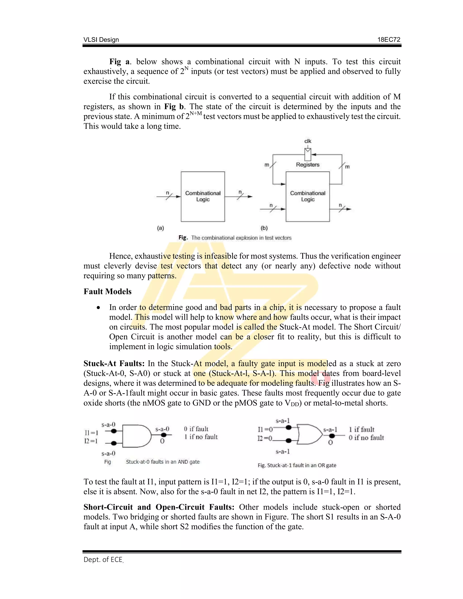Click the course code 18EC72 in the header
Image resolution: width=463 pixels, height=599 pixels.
(x=389, y=40)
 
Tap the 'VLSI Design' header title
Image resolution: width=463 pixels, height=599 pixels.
(x=101, y=40)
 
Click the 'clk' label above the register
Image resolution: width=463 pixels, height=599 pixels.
(x=308, y=141)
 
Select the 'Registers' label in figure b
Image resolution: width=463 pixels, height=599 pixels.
(x=308, y=165)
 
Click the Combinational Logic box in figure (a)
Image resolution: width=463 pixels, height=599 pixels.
(x=203, y=196)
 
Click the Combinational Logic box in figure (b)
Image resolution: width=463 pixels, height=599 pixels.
(x=307, y=196)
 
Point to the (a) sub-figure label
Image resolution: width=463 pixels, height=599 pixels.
(x=161, y=228)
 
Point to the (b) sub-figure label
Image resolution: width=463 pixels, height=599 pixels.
(x=264, y=228)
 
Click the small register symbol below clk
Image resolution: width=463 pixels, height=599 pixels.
(x=308, y=154)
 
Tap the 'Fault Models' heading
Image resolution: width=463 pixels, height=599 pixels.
(x=108, y=291)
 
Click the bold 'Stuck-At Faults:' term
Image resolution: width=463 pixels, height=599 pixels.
(x=114, y=363)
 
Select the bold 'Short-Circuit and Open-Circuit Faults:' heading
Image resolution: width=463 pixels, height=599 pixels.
(x=159, y=507)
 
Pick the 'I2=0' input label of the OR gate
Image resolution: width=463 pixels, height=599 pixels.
(x=265, y=438)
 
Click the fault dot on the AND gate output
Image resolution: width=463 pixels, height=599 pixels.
(x=164, y=435)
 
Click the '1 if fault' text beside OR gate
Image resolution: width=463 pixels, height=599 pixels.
(x=361, y=429)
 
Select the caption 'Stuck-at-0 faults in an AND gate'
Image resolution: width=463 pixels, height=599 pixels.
(x=163, y=462)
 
